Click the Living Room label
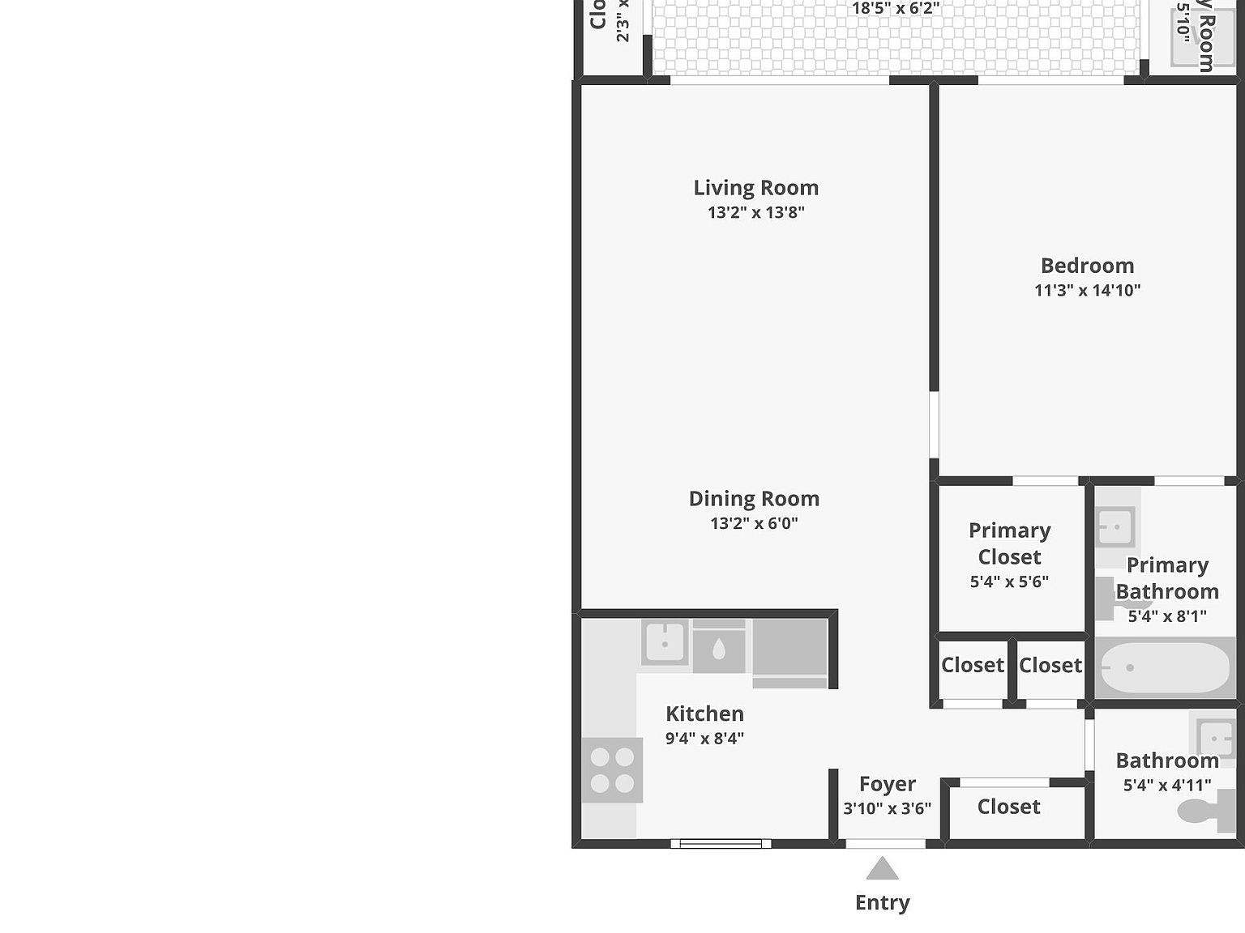tap(755, 188)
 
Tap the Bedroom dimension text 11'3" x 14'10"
tap(1087, 290)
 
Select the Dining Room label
tap(754, 499)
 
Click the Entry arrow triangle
tap(882, 870)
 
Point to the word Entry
tap(882, 902)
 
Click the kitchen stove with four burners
tap(612, 770)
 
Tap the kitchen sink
tap(665, 643)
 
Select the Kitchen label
tap(704, 714)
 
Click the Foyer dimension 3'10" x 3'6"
tap(887, 808)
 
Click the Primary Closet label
tap(1009, 543)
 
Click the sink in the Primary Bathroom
tap(1115, 527)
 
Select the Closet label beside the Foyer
tap(1008, 807)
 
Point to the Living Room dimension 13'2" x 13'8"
tap(755, 212)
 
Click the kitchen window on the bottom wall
tap(721, 844)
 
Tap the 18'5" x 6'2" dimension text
tap(896, 9)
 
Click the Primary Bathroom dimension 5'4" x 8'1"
tap(1167, 616)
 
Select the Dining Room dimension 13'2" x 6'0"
tap(754, 523)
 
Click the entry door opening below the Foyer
tap(885, 844)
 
